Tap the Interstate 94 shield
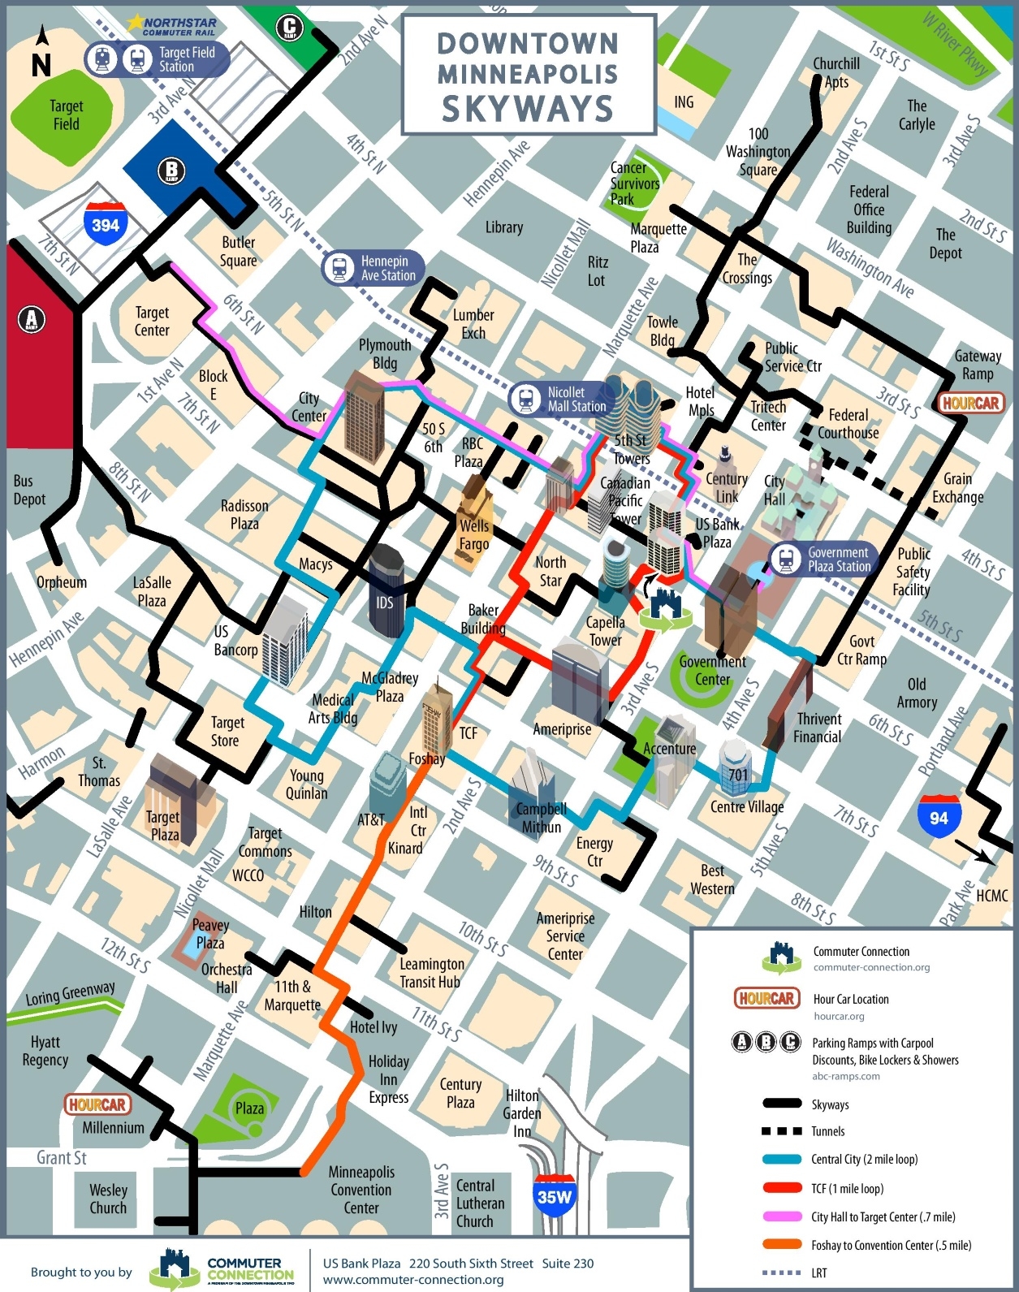pyautogui.click(x=939, y=815)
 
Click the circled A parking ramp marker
pyautogui.click(x=32, y=319)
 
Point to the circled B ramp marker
pyautogui.click(x=171, y=171)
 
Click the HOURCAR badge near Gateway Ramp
pyautogui.click(x=970, y=403)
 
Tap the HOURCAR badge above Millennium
pyautogui.click(x=97, y=1104)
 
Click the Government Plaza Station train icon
pyautogui.click(x=785, y=560)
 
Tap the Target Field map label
pyautogui.click(x=66, y=115)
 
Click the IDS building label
pyautogui.click(x=385, y=603)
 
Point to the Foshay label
pyautogui.click(x=426, y=759)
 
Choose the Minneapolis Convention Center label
pyautogui.click(x=361, y=1190)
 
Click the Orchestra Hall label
pyautogui.click(x=227, y=979)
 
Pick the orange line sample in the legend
pyautogui.click(x=783, y=1245)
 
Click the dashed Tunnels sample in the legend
pyautogui.click(x=783, y=1131)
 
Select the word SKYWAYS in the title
pyautogui.click(x=528, y=108)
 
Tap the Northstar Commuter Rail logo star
pyautogui.click(x=135, y=22)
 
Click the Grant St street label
pyautogui.click(x=62, y=1157)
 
